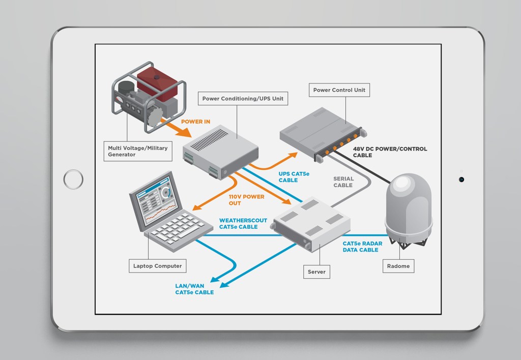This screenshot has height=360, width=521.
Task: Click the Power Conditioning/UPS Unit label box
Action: click(243, 99)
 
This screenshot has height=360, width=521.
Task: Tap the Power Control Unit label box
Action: click(339, 90)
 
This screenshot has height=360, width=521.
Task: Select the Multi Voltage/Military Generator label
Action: click(137, 151)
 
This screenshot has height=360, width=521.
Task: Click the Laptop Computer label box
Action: click(157, 266)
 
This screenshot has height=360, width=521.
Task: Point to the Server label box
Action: click(316, 272)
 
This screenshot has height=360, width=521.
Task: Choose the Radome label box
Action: click(398, 266)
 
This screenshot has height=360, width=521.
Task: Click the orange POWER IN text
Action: click(195, 122)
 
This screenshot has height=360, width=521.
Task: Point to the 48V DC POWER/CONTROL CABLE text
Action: click(390, 152)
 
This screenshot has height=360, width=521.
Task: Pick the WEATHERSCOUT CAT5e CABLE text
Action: click(243, 224)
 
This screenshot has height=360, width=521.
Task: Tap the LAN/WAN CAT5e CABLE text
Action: click(194, 289)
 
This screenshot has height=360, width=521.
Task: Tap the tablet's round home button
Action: click(73, 179)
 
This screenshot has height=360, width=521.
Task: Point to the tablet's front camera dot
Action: click(461, 179)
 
